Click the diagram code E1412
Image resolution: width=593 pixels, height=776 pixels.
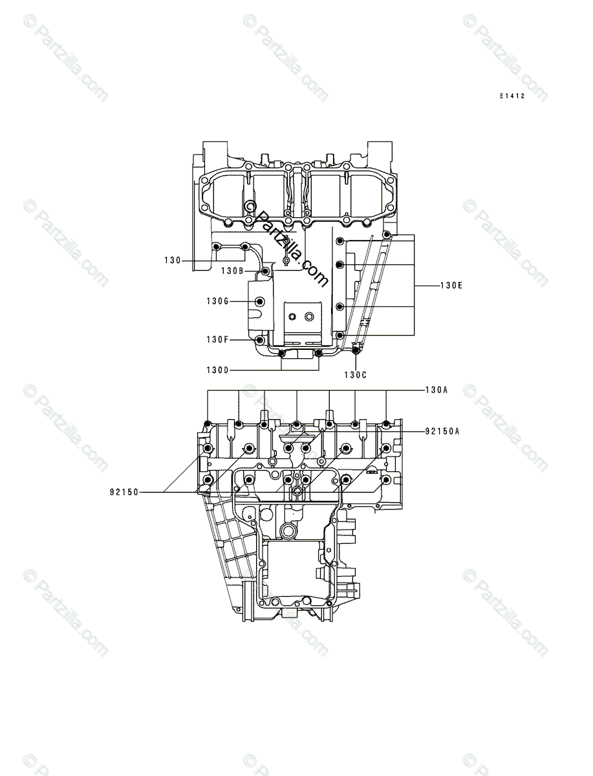click(512, 96)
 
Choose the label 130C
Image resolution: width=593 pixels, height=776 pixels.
click(355, 375)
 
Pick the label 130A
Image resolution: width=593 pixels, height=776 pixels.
click(437, 391)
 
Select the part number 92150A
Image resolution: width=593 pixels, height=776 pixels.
click(442, 431)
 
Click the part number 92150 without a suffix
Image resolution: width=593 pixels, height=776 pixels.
click(124, 492)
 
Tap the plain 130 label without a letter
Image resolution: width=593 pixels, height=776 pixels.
click(172, 261)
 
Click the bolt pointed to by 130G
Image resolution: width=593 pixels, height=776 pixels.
click(261, 301)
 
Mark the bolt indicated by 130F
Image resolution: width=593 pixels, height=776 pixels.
click(260, 339)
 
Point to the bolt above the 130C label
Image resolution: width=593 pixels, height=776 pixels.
click(355, 350)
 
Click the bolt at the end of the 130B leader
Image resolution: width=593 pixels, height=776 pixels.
click(265, 270)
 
